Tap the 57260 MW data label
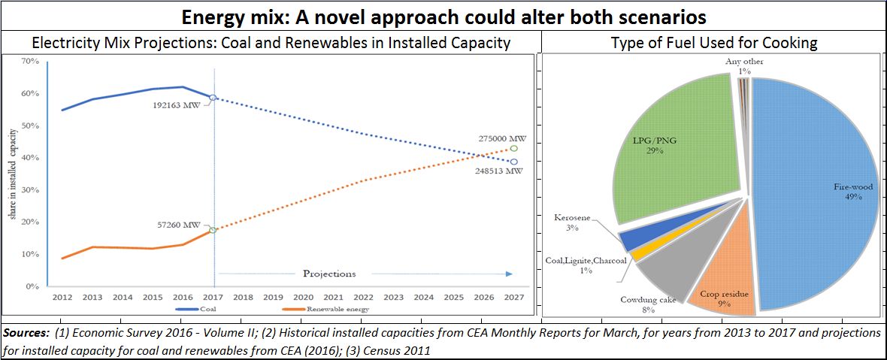(180, 225)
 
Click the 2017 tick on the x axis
(213, 298)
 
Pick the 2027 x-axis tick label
(515, 298)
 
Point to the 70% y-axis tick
(30, 61)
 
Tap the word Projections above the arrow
(329, 274)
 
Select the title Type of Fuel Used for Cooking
(713, 43)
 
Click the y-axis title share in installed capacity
(13, 174)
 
